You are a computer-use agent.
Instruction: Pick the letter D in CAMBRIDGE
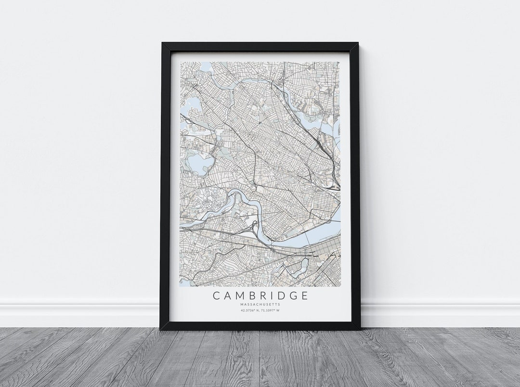click(x=280, y=295)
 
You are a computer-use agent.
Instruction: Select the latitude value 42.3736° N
click(x=248, y=311)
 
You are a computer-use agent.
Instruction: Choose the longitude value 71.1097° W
click(x=271, y=311)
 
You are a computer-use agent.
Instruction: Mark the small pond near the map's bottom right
click(x=303, y=265)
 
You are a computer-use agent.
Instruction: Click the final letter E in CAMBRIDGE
click(x=303, y=295)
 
